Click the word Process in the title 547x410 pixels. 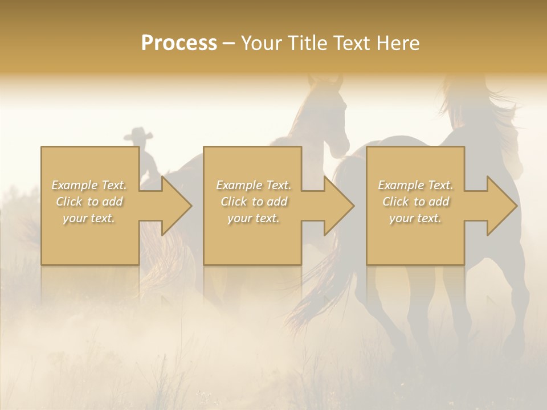click(179, 43)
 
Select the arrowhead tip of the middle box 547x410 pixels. click(353, 206)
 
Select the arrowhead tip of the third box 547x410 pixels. click(516, 206)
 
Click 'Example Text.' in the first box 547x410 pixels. click(89, 185)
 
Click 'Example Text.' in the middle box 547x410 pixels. click(254, 185)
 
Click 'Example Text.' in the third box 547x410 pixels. click(415, 185)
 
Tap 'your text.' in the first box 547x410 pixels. click(89, 218)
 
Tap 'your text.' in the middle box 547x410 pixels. click(254, 218)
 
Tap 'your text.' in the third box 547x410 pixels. click(415, 218)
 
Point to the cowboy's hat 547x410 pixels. click(138, 134)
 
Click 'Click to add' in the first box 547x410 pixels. click(89, 202)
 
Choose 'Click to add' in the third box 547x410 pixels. click(415, 202)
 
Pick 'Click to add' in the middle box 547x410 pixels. click(254, 202)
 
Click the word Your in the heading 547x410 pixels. click(260, 43)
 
